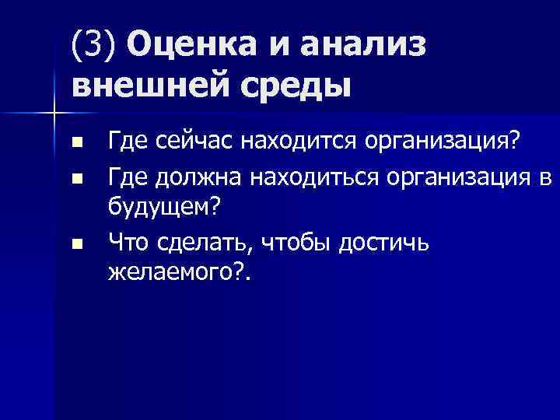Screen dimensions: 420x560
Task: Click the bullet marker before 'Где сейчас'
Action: (x=75, y=144)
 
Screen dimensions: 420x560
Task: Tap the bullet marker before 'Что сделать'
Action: (x=75, y=244)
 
